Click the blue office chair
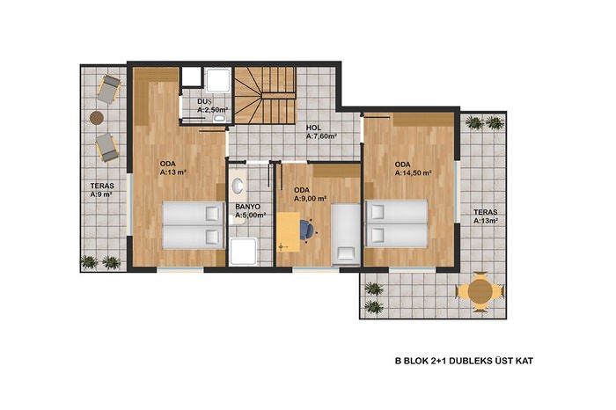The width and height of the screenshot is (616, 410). point(307,230)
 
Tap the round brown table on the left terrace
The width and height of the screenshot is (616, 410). point(97,117)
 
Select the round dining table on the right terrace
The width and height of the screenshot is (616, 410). point(480,291)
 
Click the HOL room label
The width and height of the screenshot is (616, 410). point(313,128)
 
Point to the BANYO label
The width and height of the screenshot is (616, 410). point(247,207)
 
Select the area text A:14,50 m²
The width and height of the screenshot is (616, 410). point(414,172)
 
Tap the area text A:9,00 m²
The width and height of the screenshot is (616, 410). point(310,199)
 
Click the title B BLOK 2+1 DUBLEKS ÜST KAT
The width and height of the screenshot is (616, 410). point(464,361)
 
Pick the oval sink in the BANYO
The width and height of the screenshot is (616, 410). point(238,185)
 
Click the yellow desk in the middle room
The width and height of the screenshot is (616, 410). point(288,231)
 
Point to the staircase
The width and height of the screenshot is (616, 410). point(265,95)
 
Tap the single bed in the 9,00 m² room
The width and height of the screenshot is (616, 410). point(346,234)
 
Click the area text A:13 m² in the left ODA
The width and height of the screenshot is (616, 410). point(172,172)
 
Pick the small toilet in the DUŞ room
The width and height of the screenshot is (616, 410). point(219,119)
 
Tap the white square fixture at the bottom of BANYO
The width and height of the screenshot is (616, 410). point(243,252)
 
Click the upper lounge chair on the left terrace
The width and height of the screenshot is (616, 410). point(109,89)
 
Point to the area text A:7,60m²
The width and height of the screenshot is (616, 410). point(321,136)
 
